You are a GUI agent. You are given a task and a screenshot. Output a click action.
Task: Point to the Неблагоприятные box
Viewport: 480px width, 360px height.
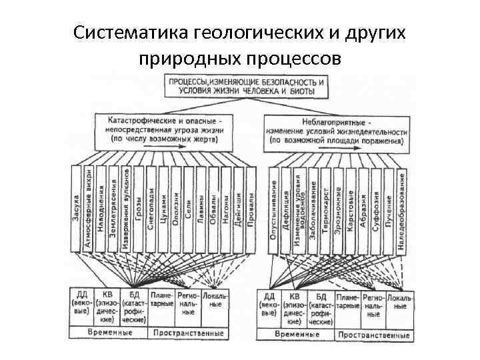[x=336, y=131]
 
